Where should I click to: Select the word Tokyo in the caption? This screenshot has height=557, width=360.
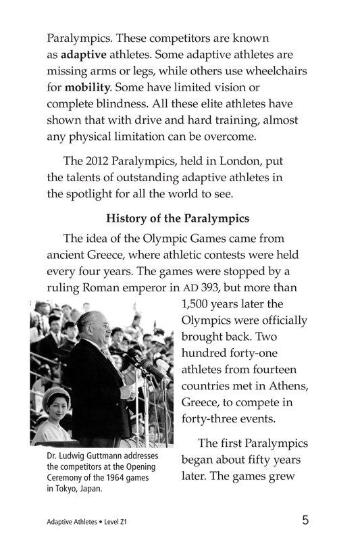tap(71, 489)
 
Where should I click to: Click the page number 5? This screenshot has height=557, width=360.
tap(306, 520)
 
